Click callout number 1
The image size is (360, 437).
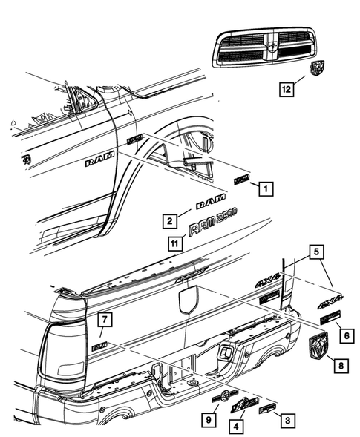coord(264,188)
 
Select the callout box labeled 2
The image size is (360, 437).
coord(170,220)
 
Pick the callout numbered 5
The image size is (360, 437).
coord(317,252)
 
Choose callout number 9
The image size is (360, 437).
coord(209,421)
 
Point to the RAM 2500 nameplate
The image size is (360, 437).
coord(212,223)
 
